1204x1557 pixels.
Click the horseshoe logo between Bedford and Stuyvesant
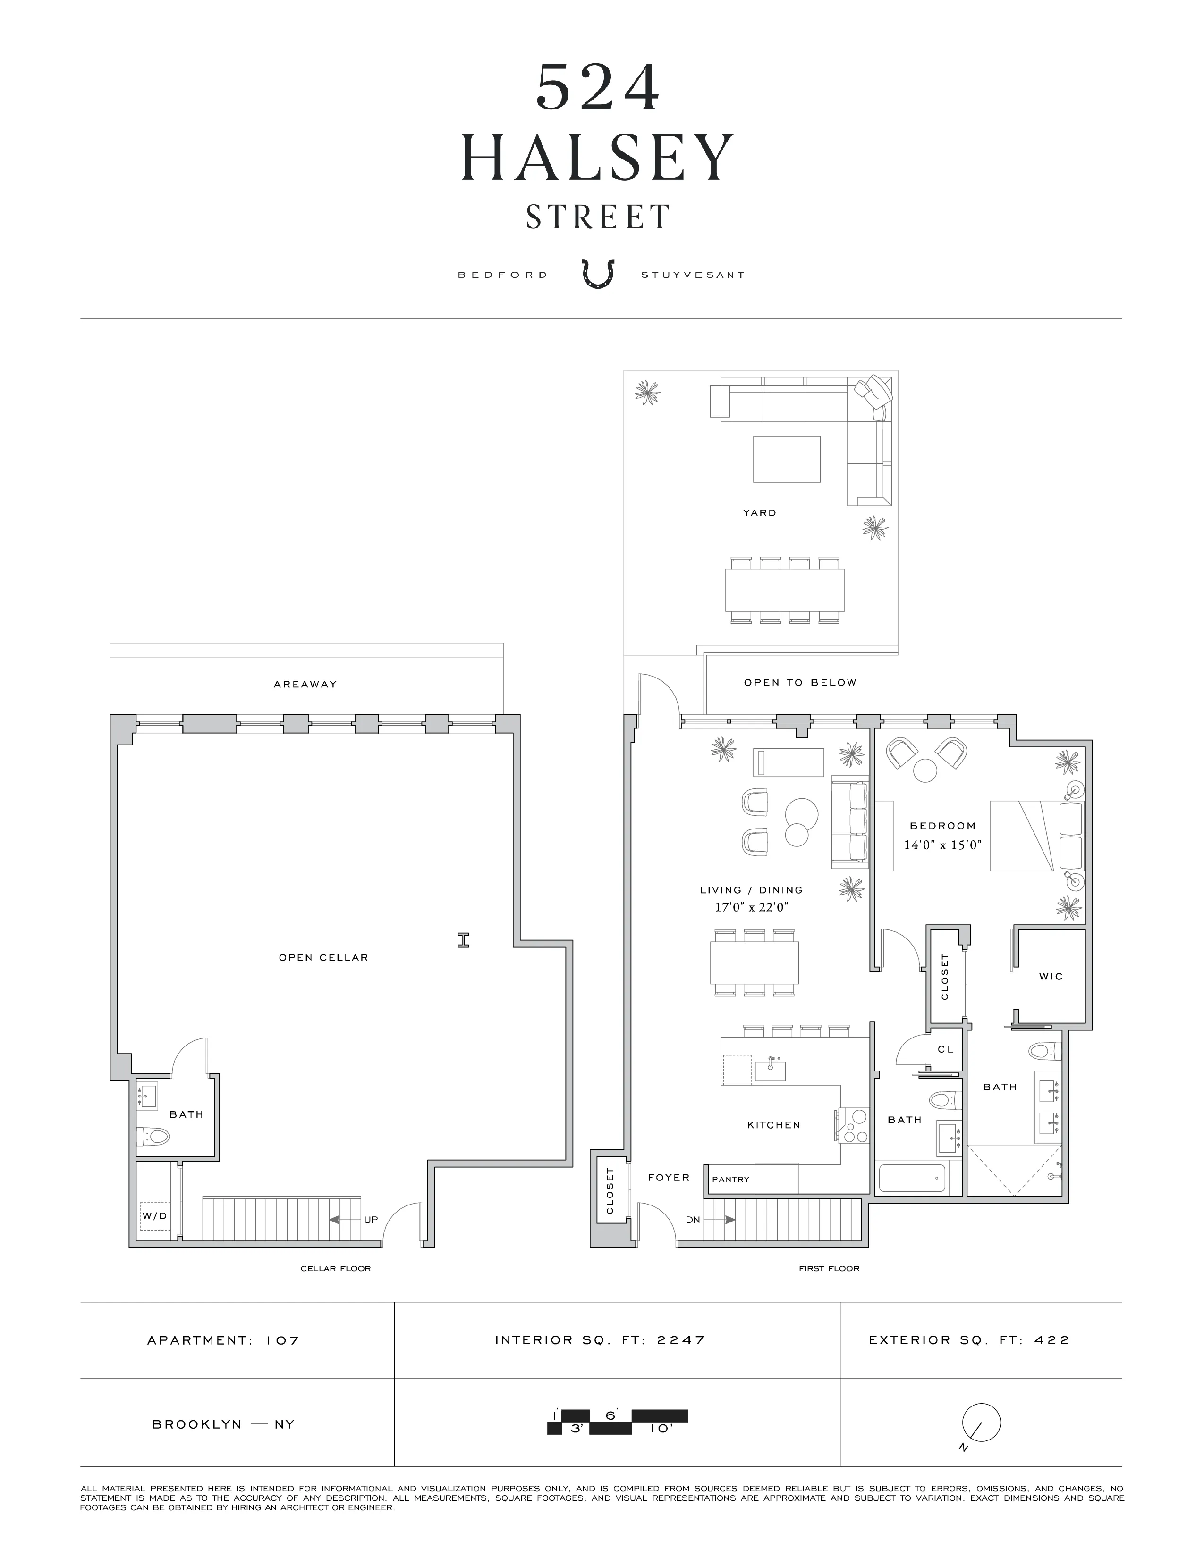point(598,274)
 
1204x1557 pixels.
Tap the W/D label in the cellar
point(154,1215)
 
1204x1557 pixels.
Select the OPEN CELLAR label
point(323,957)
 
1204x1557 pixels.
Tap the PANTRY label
point(730,1179)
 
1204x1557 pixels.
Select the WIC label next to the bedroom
point(1051,976)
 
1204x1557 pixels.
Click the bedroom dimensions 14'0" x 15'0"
point(942,845)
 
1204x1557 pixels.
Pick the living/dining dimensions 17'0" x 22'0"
point(750,907)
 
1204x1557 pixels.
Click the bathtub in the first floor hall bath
point(912,1178)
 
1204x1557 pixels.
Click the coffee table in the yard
point(786,459)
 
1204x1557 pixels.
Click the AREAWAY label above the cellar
point(305,685)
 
